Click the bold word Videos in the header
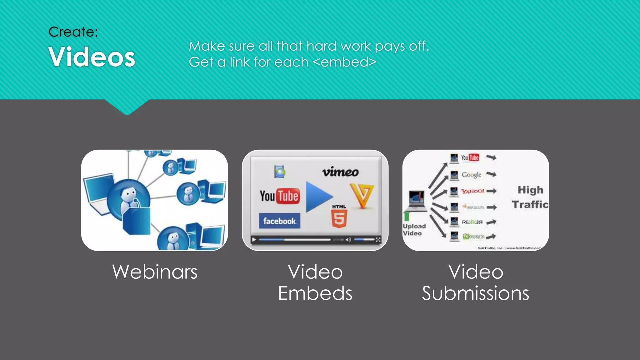(x=92, y=57)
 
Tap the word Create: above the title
(x=73, y=32)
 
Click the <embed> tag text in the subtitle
(x=344, y=62)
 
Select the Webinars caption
(x=155, y=272)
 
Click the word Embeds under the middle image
(x=315, y=293)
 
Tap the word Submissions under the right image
(x=475, y=293)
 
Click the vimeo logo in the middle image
(x=340, y=172)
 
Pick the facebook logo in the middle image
(x=279, y=221)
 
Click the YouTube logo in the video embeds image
(x=279, y=196)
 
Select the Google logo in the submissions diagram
(x=472, y=175)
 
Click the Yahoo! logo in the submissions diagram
(x=472, y=191)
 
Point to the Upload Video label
(x=414, y=230)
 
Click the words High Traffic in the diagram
(x=530, y=197)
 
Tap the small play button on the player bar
(x=254, y=240)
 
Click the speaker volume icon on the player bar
(x=348, y=240)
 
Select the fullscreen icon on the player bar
(x=378, y=240)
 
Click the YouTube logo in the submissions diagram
(x=470, y=157)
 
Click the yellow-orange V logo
(x=362, y=196)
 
